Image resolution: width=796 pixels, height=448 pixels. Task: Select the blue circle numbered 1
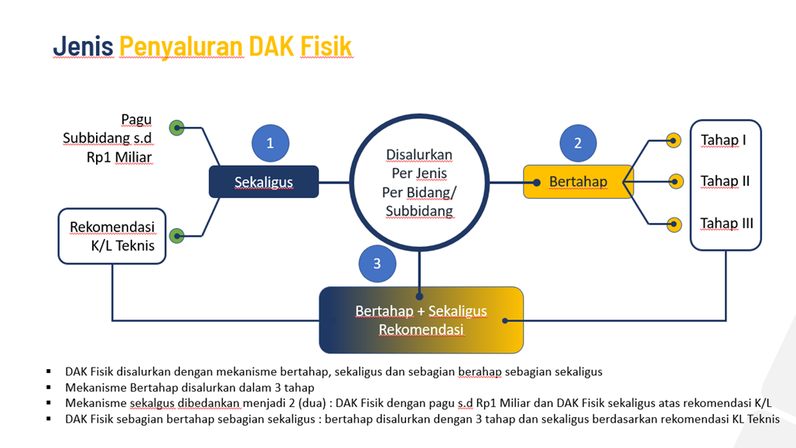(x=270, y=143)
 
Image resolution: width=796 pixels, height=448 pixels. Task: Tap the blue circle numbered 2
(x=578, y=143)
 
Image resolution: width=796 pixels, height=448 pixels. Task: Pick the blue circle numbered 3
(x=377, y=263)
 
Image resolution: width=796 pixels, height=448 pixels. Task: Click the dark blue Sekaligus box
(x=264, y=182)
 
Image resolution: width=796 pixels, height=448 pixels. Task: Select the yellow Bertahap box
(x=578, y=182)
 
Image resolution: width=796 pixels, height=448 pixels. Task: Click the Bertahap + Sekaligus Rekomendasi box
(x=421, y=320)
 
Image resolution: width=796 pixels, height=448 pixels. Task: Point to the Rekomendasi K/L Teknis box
(x=112, y=236)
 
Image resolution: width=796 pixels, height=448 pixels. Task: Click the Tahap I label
(x=723, y=140)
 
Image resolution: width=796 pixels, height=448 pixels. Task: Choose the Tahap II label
(x=725, y=181)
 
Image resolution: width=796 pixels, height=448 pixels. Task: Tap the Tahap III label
(x=726, y=224)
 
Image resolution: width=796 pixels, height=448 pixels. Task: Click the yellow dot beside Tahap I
(x=674, y=140)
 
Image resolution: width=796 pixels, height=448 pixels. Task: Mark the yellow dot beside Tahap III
(x=675, y=225)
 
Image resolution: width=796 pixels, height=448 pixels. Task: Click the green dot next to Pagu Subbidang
(x=177, y=128)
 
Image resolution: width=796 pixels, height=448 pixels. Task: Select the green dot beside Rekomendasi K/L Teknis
(x=177, y=235)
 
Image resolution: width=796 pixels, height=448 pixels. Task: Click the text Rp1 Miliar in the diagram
(x=119, y=157)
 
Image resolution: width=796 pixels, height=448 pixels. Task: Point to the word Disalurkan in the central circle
(x=419, y=155)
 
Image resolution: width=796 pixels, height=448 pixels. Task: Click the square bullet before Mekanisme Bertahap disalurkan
(x=49, y=387)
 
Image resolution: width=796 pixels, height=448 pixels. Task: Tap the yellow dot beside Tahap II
(x=675, y=183)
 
